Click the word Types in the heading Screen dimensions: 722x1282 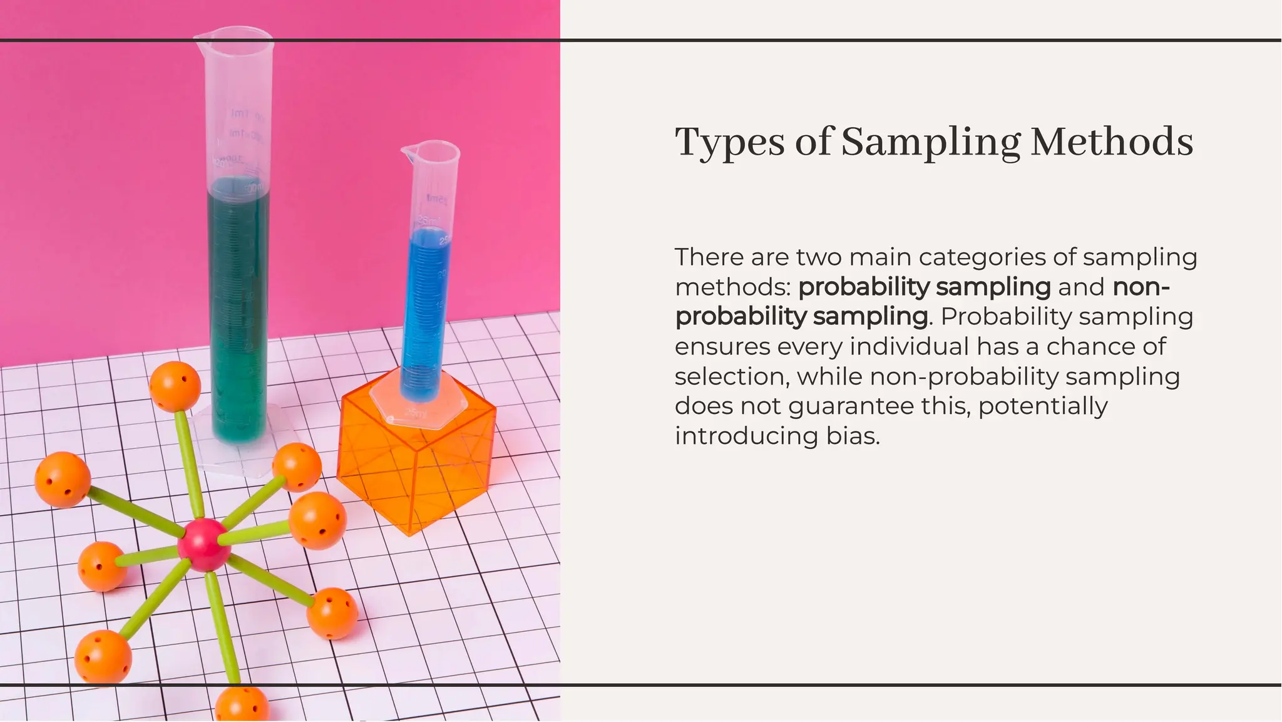tap(729, 142)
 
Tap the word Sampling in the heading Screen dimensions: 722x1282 tap(930, 143)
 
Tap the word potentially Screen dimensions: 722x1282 tap(1043, 406)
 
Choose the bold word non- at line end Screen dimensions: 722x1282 tap(1141, 287)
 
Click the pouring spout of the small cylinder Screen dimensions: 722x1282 tap(408, 150)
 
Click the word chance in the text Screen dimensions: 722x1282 tap(1094, 346)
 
